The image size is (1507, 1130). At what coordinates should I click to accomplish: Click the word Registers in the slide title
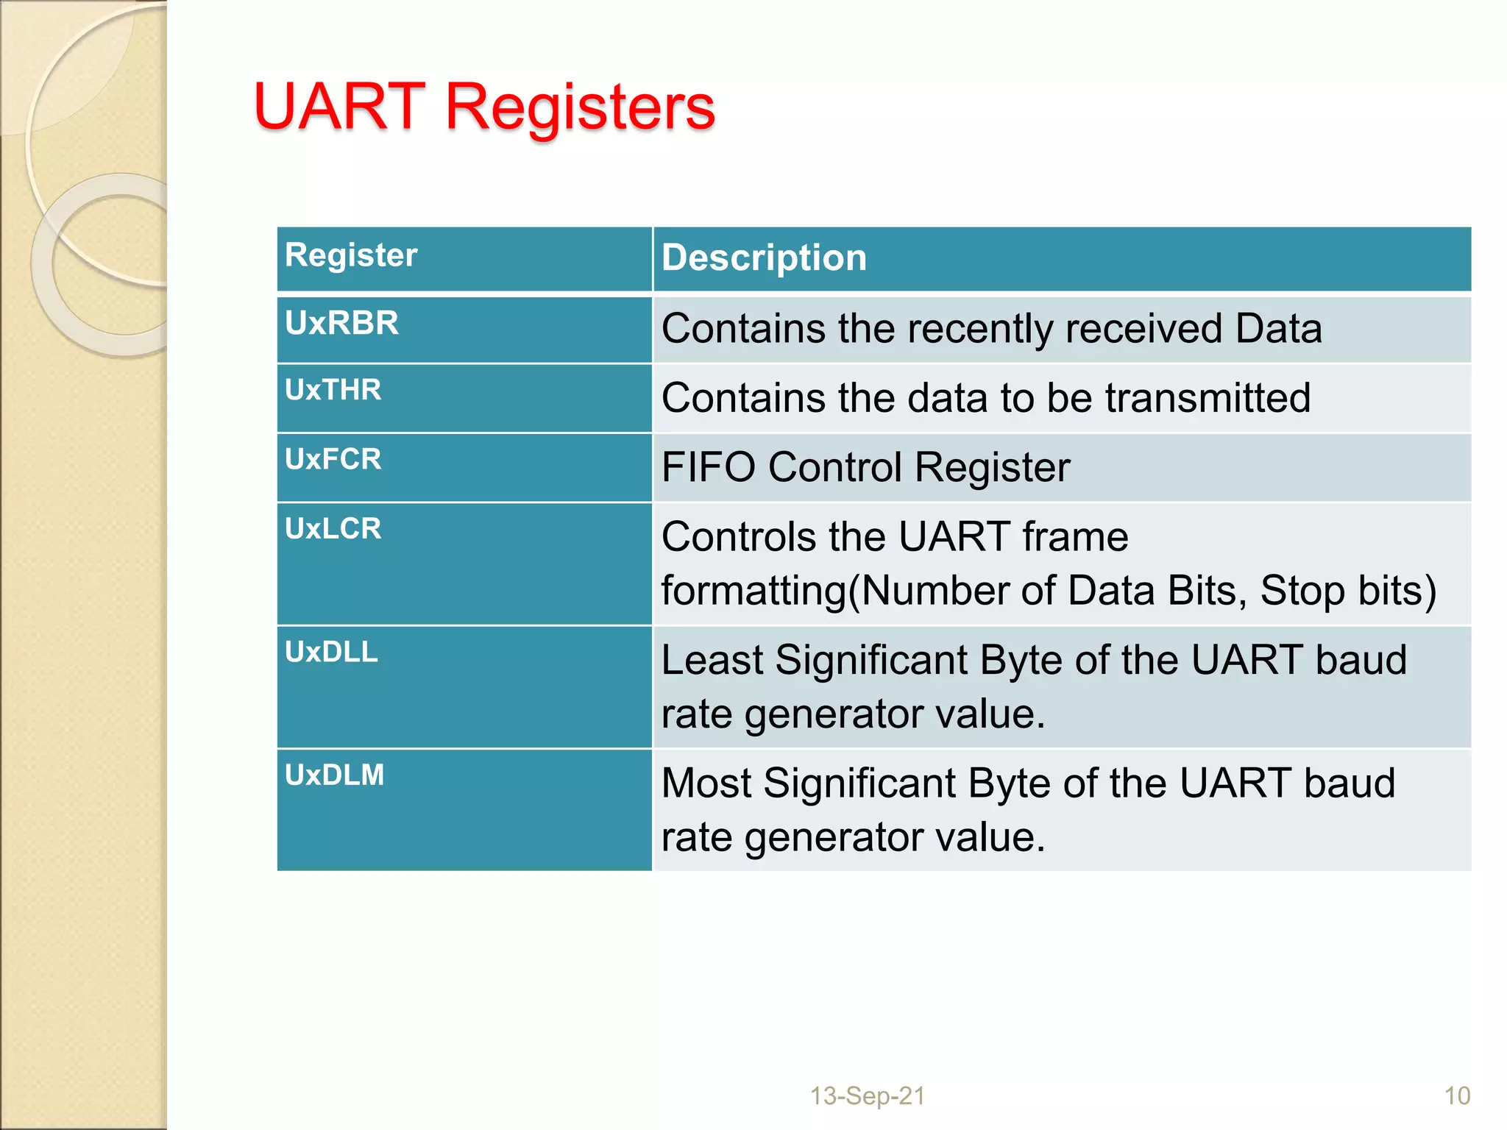point(580,108)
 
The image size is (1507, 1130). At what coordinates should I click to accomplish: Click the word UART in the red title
point(338,107)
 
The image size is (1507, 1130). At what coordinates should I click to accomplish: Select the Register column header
point(351,255)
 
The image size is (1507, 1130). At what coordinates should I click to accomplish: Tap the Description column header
point(764,258)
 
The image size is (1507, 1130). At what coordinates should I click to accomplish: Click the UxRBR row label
point(341,323)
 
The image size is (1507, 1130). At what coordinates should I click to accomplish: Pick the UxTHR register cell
point(333,390)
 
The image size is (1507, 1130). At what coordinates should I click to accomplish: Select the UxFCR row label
point(333,459)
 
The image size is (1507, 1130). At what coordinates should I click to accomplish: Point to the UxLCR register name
point(333,528)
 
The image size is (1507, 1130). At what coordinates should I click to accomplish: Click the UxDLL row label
point(331,652)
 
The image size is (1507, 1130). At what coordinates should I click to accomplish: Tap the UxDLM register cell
point(334,775)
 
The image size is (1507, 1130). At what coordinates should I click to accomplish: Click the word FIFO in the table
point(708,467)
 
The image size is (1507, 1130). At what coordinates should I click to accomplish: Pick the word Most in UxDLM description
point(706,783)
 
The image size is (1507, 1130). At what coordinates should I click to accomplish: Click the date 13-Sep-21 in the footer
point(867,1096)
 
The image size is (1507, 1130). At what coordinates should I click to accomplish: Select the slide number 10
point(1457,1096)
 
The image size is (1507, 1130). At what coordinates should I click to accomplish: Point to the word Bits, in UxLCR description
point(1207,591)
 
